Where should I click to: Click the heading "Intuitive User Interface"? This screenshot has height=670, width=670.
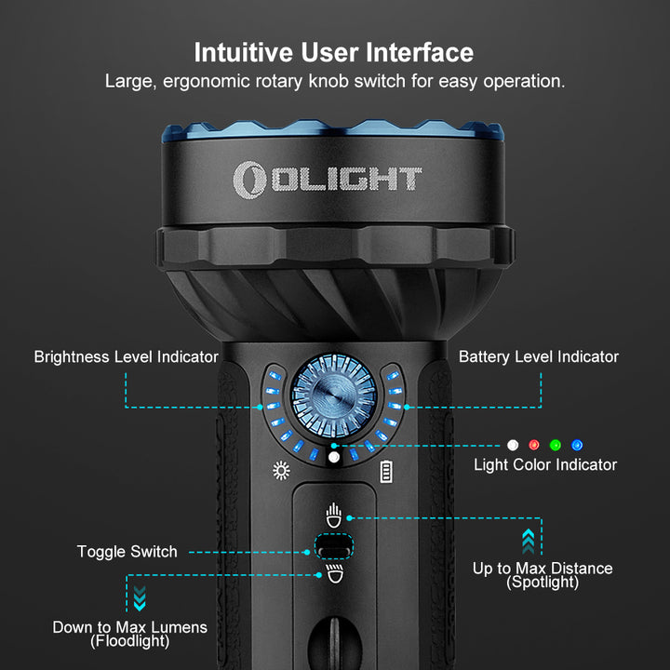[x=334, y=52]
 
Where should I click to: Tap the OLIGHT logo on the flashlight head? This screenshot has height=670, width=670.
[x=328, y=180]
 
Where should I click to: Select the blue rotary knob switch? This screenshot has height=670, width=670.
[x=334, y=396]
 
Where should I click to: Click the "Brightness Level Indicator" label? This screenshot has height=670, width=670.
[x=126, y=356]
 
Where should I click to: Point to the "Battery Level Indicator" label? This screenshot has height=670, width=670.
[x=539, y=356]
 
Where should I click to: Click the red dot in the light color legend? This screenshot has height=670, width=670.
[x=534, y=445]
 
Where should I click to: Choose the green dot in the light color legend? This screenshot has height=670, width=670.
[x=555, y=445]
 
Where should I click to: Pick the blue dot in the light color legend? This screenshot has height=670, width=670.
[x=577, y=445]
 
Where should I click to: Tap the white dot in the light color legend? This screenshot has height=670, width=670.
[x=513, y=445]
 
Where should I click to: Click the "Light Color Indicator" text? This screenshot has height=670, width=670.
[x=545, y=465]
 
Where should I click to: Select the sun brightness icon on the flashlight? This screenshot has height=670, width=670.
[x=281, y=471]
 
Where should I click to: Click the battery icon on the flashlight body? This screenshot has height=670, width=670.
[x=386, y=471]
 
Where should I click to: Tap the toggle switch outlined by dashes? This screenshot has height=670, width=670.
[x=334, y=546]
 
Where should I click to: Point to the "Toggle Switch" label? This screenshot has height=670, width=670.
[x=127, y=552]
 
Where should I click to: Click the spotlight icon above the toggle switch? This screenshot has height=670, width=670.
[x=334, y=516]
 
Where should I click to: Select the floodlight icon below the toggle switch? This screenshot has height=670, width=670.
[x=335, y=573]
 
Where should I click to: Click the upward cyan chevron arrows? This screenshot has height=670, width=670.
[x=529, y=542]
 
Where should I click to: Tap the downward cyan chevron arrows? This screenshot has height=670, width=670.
[x=140, y=598]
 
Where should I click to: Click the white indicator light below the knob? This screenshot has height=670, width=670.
[x=334, y=457]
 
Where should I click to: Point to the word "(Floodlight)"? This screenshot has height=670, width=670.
[x=130, y=641]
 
